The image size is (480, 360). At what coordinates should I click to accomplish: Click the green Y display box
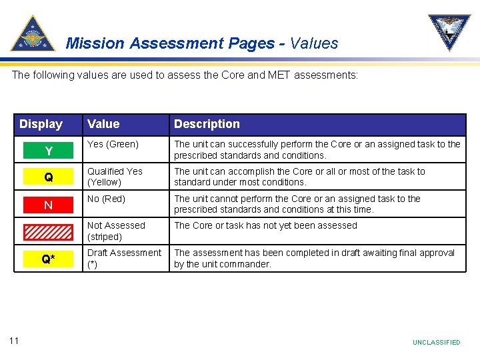tap(49, 151)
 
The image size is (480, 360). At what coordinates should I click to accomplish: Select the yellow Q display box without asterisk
tap(49, 178)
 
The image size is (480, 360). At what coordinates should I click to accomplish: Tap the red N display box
tap(49, 205)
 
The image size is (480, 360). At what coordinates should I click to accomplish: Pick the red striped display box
tap(49, 232)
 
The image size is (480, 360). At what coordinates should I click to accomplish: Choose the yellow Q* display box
tap(49, 259)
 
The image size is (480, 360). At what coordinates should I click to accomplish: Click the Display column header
tap(41, 124)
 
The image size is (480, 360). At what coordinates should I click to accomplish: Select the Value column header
tap(103, 124)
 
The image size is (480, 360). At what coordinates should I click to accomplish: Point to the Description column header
tap(207, 124)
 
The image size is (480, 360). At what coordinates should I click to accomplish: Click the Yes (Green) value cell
tap(113, 144)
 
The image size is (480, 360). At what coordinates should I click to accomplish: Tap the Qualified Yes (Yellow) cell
tap(115, 177)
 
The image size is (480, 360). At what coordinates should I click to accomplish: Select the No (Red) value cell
tap(107, 199)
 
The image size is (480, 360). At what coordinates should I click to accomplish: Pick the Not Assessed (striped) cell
tap(115, 231)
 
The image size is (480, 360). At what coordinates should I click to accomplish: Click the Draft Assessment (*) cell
tap(124, 258)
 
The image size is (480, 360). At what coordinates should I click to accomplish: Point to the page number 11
tap(14, 341)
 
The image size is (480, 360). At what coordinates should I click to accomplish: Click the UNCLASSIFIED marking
tap(436, 343)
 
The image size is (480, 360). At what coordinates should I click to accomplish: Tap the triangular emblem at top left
tap(33, 34)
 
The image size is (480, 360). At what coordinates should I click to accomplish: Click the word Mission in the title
tap(95, 44)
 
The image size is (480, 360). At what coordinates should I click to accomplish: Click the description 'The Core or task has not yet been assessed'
tap(265, 225)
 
